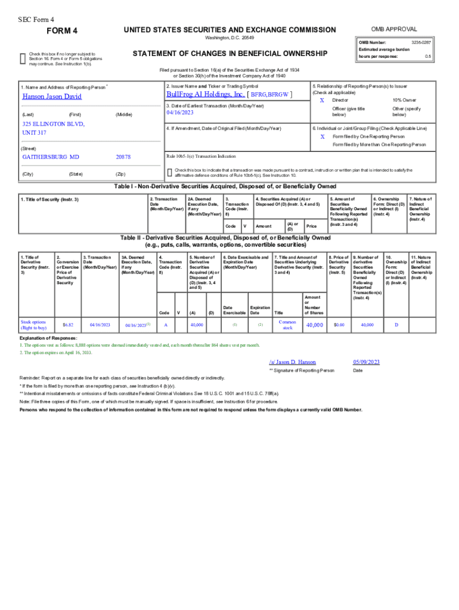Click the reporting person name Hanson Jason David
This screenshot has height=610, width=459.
(52, 97)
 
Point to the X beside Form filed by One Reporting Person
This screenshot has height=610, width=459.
(322, 136)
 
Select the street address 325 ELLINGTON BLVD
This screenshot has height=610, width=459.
(54, 124)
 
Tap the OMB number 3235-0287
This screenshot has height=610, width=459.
(421, 43)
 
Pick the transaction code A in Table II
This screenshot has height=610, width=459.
(165, 325)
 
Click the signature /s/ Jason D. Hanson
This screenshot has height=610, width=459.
(292, 362)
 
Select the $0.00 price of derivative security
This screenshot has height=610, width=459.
(339, 325)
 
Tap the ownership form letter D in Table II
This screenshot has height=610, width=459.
(396, 325)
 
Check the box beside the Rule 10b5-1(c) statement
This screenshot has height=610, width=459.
(170, 172)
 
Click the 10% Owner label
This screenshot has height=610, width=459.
(405, 101)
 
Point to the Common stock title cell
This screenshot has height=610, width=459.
(287, 325)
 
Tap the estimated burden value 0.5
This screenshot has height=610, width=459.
(427, 56)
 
